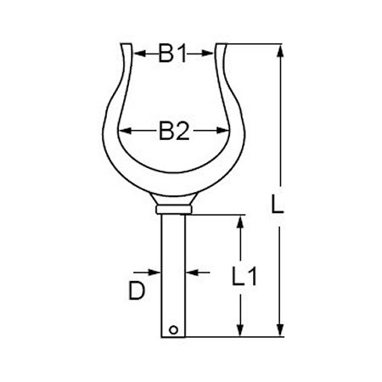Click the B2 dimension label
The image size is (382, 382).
(x=174, y=131)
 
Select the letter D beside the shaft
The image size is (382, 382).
(x=137, y=291)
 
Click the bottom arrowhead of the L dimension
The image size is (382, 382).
(x=278, y=334)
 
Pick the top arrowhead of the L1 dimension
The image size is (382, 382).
(x=241, y=221)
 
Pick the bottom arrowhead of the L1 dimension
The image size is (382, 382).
(x=241, y=334)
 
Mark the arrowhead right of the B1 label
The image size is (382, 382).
(x=209, y=54)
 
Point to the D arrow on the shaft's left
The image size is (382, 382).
(x=156, y=272)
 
